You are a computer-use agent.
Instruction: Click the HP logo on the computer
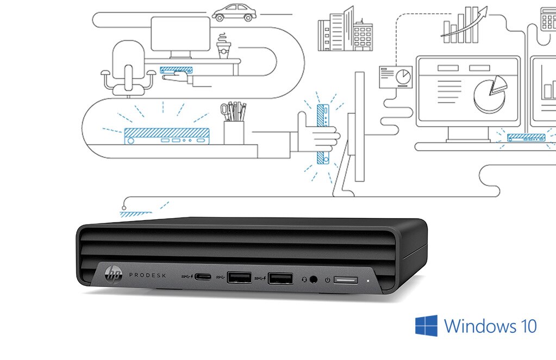(x=114, y=273)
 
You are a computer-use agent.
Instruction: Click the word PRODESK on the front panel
(x=147, y=275)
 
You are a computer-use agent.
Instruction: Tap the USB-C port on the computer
(x=203, y=277)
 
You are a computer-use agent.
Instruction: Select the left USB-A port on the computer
(x=239, y=277)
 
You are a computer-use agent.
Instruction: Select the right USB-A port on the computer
(x=280, y=278)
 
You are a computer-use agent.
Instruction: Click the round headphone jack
(x=313, y=280)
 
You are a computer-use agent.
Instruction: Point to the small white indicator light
(x=368, y=281)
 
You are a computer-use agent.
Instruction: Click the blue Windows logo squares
(x=426, y=325)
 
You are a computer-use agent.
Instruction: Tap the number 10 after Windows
(x=528, y=326)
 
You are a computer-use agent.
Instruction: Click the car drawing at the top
(x=234, y=13)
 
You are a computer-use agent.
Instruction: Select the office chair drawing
(x=128, y=69)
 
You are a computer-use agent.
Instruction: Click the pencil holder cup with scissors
(x=234, y=123)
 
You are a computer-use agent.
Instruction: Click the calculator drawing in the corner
(x=548, y=19)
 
